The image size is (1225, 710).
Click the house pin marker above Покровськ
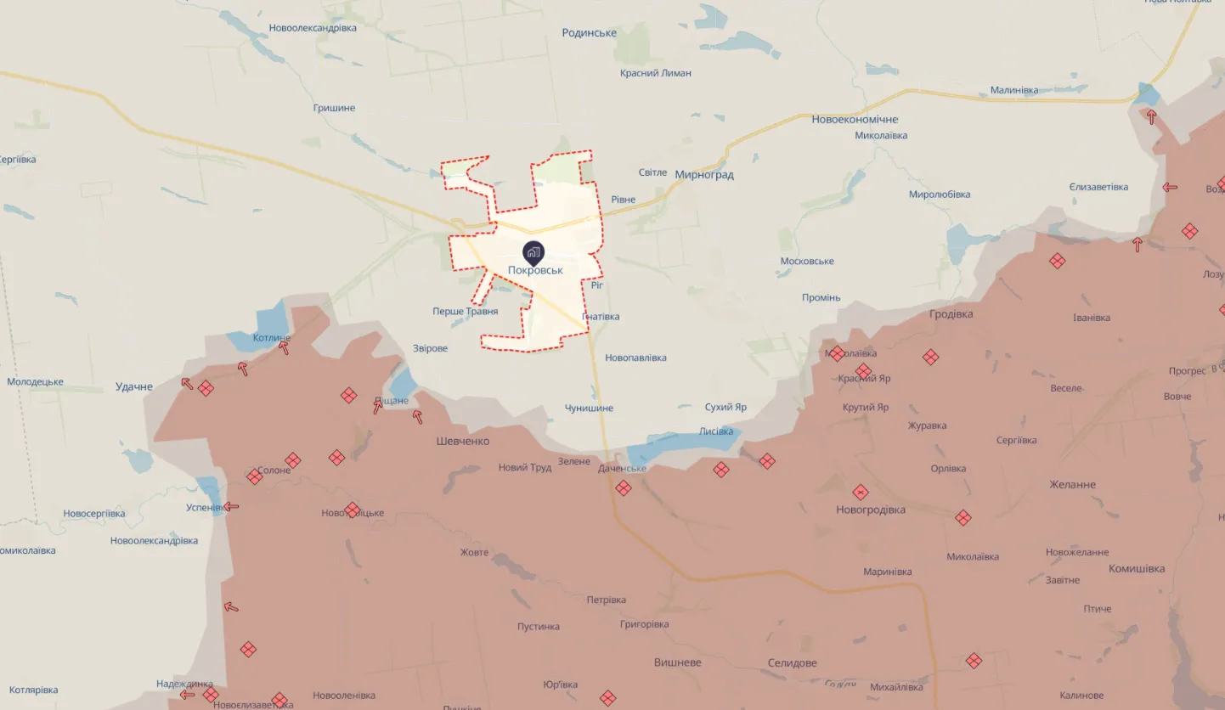(533, 251)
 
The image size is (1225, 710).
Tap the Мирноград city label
(704, 175)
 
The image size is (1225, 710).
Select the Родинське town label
(589, 33)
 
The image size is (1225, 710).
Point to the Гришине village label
(334, 108)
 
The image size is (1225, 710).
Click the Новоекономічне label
(855, 120)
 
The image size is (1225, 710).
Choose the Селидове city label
(792, 663)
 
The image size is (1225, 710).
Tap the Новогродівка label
(871, 510)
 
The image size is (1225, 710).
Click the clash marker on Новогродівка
(861, 492)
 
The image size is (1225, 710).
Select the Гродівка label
(951, 314)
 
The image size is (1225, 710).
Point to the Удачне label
(134, 387)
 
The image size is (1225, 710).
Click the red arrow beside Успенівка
(230, 507)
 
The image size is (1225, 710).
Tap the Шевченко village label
(463, 442)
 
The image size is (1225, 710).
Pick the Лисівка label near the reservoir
(715, 431)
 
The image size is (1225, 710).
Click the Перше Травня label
(465, 312)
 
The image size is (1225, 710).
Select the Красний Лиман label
(655, 73)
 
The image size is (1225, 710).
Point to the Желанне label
(1072, 485)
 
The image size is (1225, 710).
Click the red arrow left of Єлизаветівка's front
(1170, 188)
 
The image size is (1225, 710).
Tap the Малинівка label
(1025, 90)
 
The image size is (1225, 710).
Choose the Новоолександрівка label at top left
(313, 28)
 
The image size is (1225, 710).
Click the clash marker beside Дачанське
(624, 487)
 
